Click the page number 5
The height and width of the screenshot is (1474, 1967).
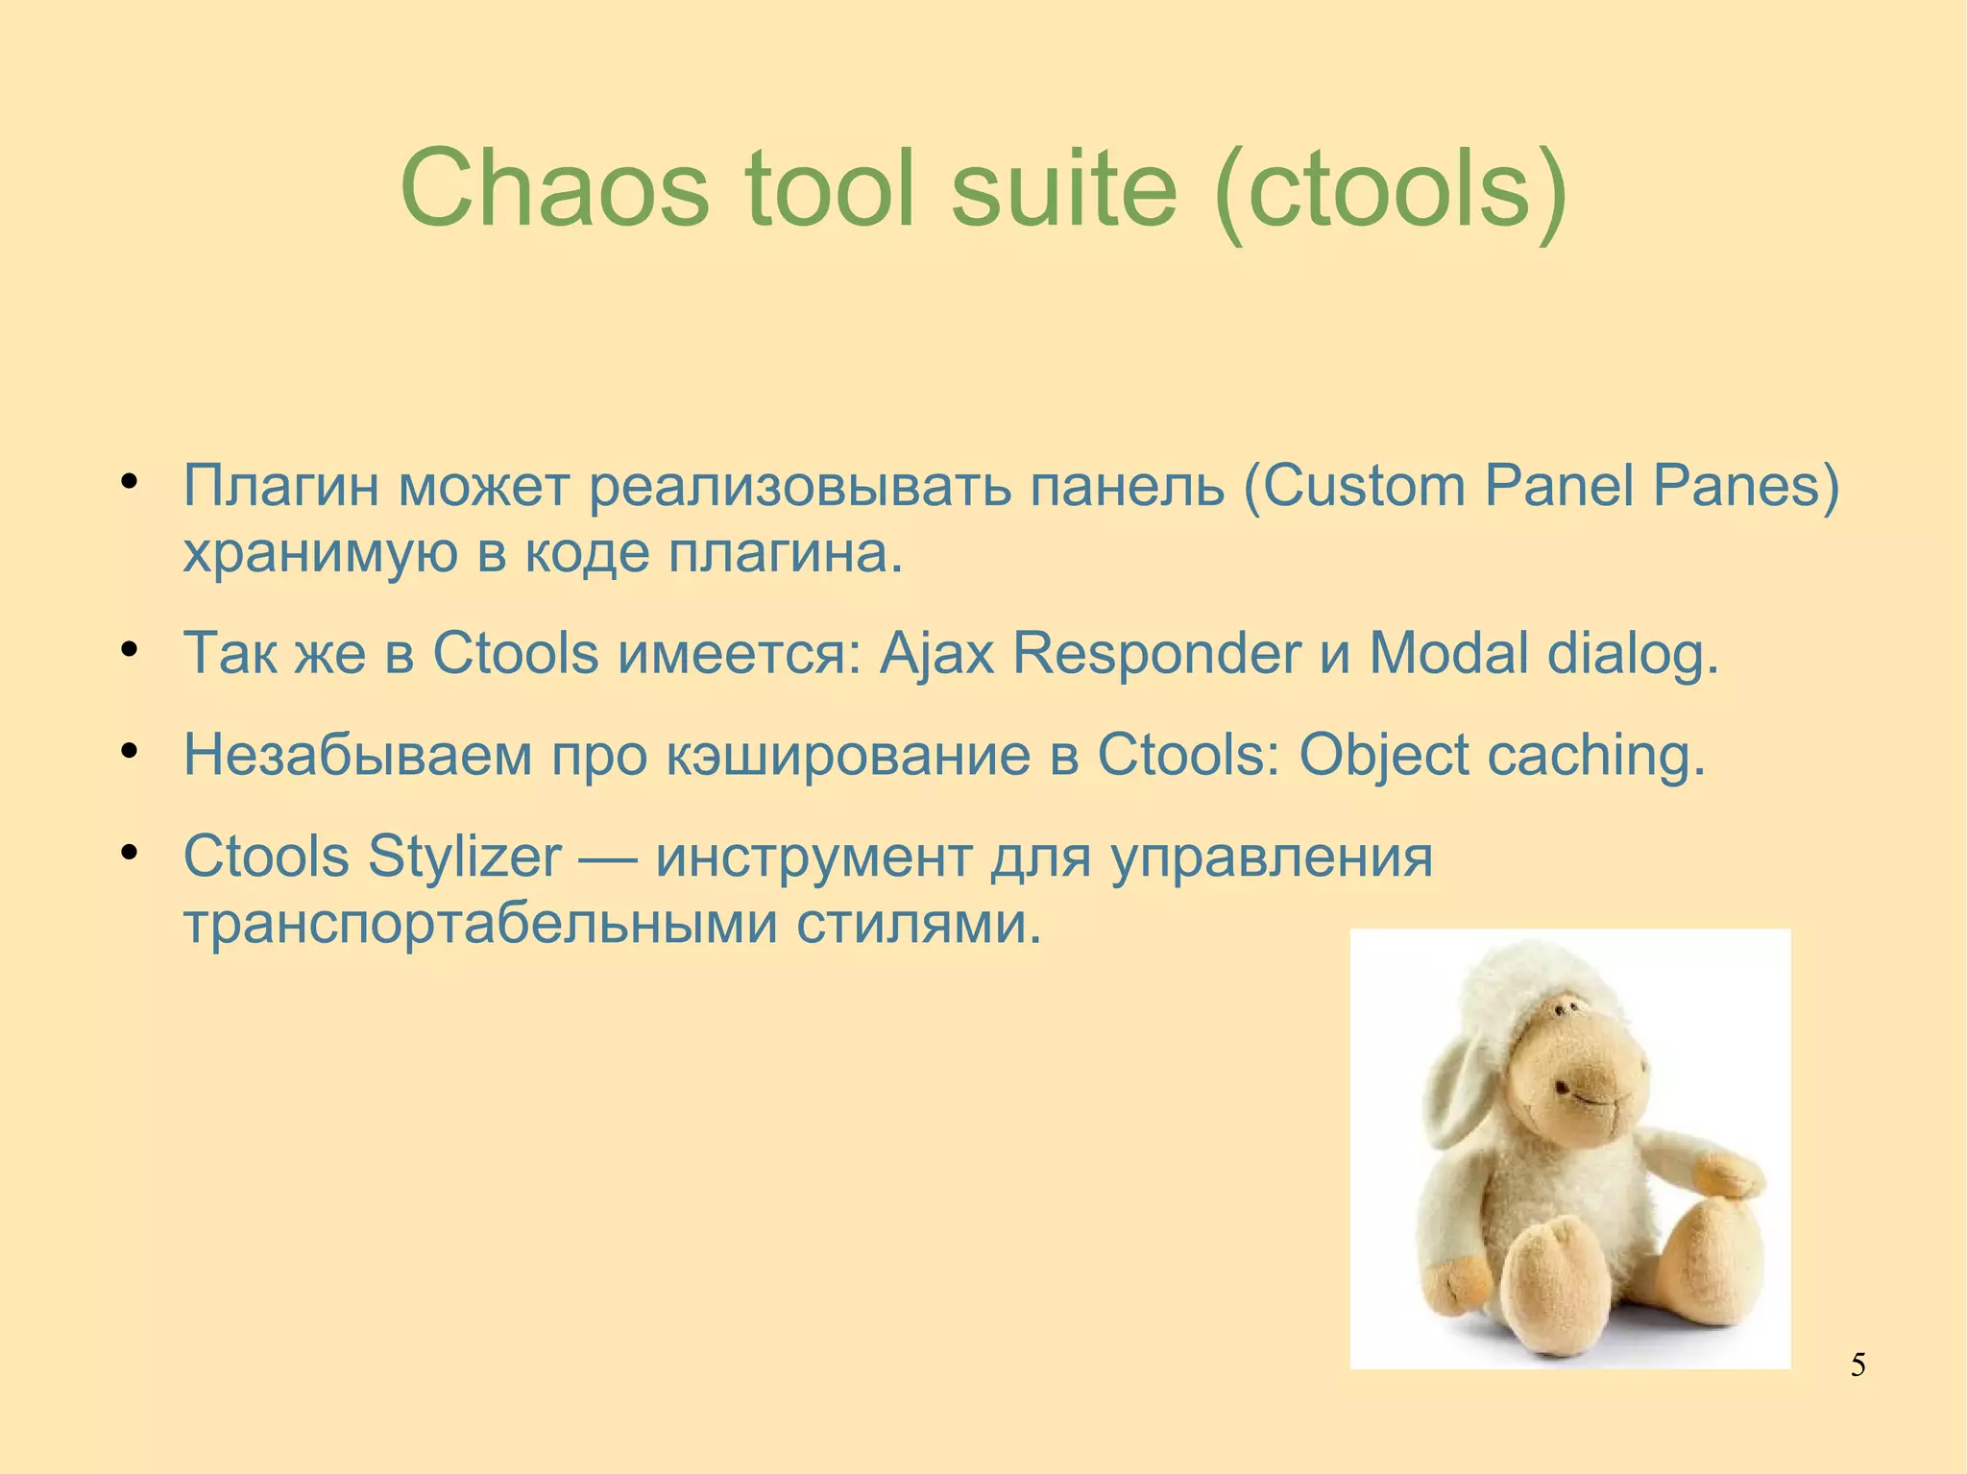(1858, 1365)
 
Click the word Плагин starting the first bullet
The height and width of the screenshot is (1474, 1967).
(280, 485)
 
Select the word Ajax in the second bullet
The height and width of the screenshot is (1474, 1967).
(936, 654)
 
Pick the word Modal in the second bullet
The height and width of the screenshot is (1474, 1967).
(1448, 654)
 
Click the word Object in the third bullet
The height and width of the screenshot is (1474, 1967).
(1383, 756)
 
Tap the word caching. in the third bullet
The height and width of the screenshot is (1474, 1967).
(1596, 756)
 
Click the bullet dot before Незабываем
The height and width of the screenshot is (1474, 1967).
(132, 750)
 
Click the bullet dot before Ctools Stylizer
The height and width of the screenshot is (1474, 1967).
(132, 852)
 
